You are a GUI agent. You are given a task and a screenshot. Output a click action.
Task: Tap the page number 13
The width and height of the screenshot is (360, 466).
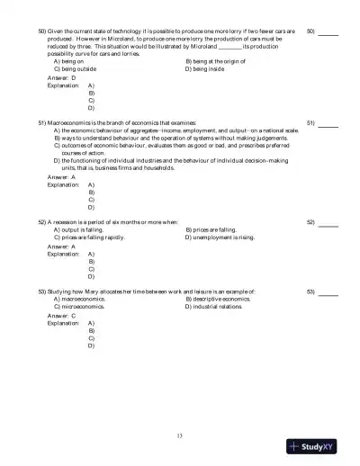click(x=180, y=436)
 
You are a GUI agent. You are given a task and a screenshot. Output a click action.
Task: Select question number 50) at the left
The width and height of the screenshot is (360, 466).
click(x=42, y=31)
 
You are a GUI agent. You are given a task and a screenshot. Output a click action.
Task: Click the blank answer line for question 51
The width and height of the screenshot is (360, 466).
click(x=328, y=122)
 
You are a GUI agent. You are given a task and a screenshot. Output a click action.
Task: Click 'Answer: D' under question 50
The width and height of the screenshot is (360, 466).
click(x=61, y=78)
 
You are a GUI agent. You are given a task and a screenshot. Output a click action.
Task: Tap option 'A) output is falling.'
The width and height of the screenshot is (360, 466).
click(x=85, y=229)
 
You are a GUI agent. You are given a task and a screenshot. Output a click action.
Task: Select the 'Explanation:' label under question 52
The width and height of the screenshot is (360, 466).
click(x=62, y=254)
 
